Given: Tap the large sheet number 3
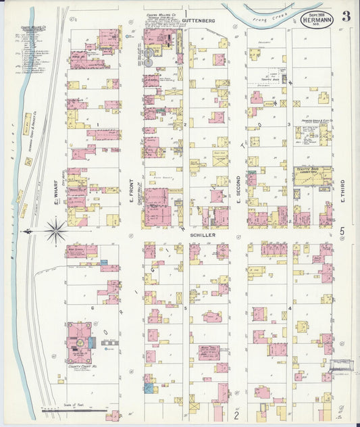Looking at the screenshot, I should click(345, 16).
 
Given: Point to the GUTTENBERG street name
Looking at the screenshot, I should click(199, 21).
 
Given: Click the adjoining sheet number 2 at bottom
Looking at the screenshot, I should click(236, 414).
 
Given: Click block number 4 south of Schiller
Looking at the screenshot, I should click(290, 308).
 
